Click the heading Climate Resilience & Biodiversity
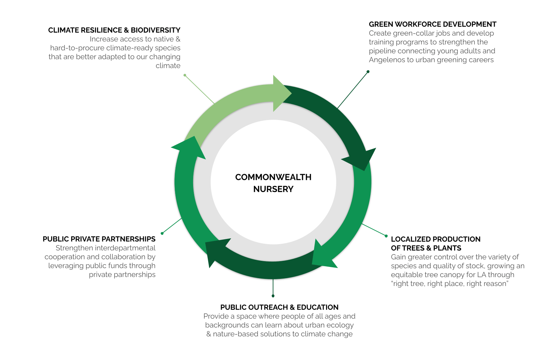click(114, 30)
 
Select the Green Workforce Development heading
click(432, 24)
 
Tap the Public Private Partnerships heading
click(99, 239)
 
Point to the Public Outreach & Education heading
click(279, 307)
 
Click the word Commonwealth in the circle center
click(273, 177)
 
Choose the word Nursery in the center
click(273, 189)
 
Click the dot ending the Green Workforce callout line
click(368, 72)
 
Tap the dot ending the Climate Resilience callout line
click(185, 75)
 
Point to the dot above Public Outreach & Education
click(273, 296)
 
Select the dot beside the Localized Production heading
click(386, 236)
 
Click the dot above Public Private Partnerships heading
click(162, 234)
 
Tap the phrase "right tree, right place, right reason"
click(450, 284)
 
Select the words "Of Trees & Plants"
click(426, 248)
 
